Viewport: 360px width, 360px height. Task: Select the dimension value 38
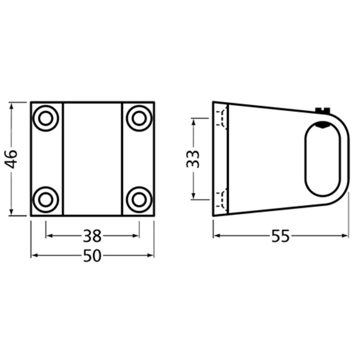(92, 235)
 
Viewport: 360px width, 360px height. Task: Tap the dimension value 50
(92, 256)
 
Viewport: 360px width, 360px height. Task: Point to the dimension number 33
(192, 159)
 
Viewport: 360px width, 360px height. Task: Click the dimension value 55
(280, 237)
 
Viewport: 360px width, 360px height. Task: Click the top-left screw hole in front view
(45, 118)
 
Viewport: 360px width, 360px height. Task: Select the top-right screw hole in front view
(139, 118)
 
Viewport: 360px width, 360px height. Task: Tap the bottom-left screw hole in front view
(45, 198)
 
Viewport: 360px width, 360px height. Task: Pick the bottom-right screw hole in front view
(139, 198)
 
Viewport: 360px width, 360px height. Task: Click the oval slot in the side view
(322, 159)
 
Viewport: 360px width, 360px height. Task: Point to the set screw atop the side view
(322, 110)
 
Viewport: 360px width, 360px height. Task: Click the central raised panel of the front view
(93, 159)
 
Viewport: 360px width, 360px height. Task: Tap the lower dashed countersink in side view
(223, 199)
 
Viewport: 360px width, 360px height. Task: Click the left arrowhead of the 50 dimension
(34, 256)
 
